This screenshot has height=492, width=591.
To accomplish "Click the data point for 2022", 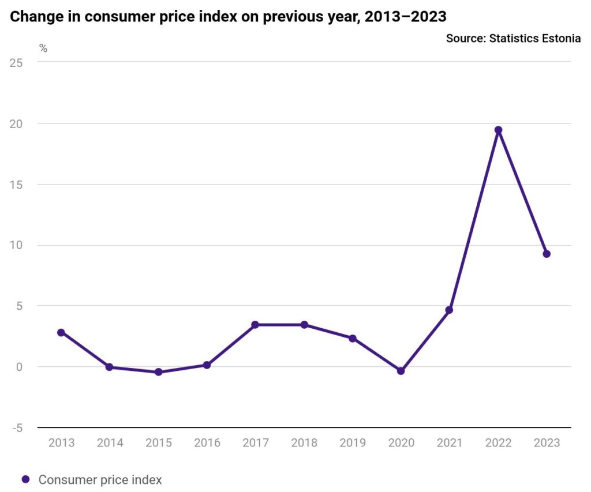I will tap(498, 130).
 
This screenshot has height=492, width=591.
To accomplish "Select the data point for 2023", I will tap(547, 254).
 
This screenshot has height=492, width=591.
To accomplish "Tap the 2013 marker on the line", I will tap(61, 332).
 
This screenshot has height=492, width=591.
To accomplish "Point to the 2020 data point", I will tap(401, 371).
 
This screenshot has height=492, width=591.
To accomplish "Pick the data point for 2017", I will tap(255, 325).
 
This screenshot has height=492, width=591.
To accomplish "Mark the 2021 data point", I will tap(450, 310).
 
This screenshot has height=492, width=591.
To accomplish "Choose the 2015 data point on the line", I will tap(158, 372).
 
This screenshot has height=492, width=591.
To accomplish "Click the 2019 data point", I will tap(353, 339).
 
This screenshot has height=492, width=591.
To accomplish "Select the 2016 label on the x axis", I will tap(207, 443).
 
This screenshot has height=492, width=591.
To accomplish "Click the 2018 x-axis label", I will tap(304, 443).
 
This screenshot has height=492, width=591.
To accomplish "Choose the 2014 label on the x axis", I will tap(110, 443).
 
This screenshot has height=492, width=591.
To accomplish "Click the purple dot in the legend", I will tap(25, 479).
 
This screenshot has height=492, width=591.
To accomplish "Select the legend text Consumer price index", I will tap(100, 479).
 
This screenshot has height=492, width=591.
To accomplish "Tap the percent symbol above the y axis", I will tap(43, 48).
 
